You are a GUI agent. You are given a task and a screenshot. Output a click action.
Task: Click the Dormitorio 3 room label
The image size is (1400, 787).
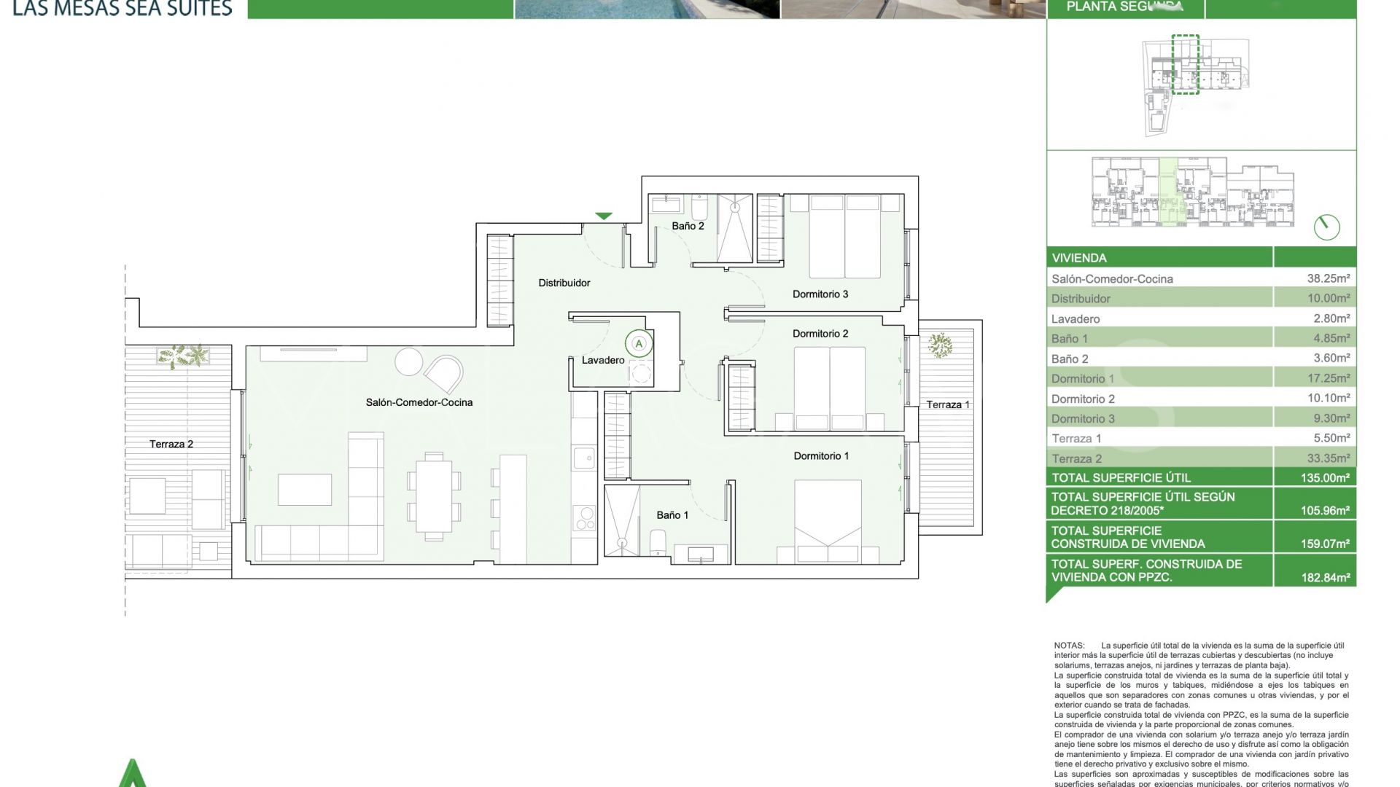(x=820, y=294)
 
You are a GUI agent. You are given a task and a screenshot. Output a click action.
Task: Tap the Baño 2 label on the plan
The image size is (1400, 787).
(x=688, y=226)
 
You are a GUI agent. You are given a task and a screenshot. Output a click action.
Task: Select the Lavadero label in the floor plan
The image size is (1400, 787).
(x=602, y=360)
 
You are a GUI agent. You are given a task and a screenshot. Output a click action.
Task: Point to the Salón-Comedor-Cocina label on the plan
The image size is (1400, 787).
(x=419, y=402)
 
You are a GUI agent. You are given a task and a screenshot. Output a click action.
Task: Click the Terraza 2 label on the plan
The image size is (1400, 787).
(x=171, y=444)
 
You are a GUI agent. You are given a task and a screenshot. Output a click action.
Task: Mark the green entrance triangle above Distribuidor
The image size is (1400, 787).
(x=603, y=216)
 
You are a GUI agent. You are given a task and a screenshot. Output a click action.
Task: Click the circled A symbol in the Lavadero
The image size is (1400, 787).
(x=639, y=343)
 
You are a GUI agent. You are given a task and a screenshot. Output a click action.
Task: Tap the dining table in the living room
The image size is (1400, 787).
(x=434, y=496)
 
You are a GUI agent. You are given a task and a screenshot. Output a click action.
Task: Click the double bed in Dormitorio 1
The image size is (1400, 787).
(x=828, y=520)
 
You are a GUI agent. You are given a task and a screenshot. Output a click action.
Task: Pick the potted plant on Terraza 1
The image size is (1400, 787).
(x=940, y=345)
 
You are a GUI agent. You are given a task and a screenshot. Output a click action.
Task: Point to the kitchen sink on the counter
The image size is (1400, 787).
(x=583, y=458)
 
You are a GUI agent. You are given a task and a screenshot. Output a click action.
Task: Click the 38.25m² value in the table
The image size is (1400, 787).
(x=1328, y=278)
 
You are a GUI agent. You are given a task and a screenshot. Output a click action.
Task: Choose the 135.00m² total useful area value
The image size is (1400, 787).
(x=1325, y=478)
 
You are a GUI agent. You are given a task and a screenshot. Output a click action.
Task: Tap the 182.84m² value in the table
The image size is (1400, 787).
(x=1325, y=577)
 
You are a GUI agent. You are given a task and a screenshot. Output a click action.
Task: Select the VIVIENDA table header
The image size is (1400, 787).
(x=1079, y=258)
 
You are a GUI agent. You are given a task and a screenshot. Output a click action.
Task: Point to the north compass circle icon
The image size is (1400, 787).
(x=1326, y=227)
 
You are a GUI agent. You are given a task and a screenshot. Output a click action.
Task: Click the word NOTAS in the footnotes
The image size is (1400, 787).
(x=1069, y=646)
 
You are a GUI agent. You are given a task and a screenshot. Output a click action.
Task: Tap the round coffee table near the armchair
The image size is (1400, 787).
(x=408, y=361)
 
